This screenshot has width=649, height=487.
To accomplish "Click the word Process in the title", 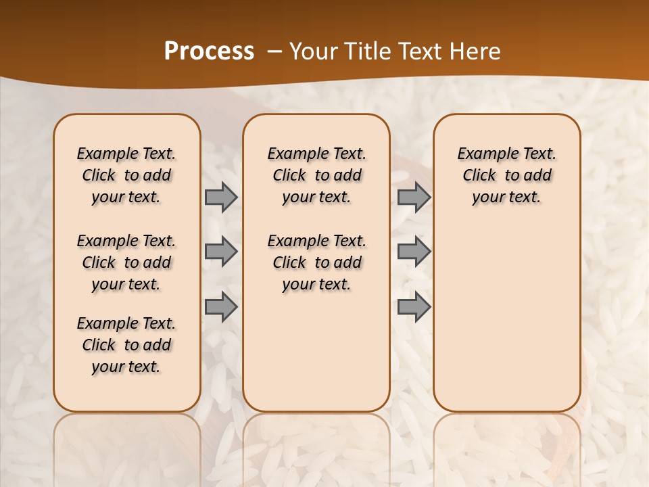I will tap(209, 51).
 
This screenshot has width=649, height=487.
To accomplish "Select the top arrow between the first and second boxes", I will tap(220, 198).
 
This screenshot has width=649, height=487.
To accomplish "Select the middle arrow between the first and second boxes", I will tap(220, 252).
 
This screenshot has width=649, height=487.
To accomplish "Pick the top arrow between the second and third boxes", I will tap(414, 198).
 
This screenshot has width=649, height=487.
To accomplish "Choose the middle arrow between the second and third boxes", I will tap(414, 252).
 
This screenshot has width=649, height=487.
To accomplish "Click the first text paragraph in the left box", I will tap(126, 175).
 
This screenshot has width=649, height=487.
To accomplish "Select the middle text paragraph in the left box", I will tap(126, 262).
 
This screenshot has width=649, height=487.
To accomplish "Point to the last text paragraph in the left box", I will tap(126, 345).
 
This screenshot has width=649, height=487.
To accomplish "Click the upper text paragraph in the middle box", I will tap(317, 175).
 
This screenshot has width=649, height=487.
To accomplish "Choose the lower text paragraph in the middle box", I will tap(317, 262).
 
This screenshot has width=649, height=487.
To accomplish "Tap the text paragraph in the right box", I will tap(507, 175).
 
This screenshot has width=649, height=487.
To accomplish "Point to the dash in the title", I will tap(274, 51).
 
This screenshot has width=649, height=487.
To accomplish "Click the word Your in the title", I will tap(312, 51).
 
